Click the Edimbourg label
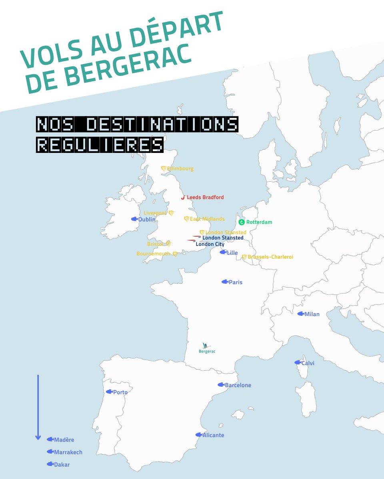pos(180,169)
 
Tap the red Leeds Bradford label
pos(205,197)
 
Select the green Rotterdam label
pos(259,222)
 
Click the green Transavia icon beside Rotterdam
pos(242,222)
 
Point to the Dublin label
pos(147,219)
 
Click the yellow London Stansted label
pos(226,232)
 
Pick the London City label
pos(210,244)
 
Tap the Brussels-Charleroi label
pos(270,257)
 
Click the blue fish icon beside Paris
pos(225,282)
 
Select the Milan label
pos(312,314)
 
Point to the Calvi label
pos(308,363)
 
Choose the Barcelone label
pos(238,385)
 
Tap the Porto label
pos(120,392)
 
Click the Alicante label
pos(213,435)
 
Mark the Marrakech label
pos(68,452)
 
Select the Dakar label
pos(62,465)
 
